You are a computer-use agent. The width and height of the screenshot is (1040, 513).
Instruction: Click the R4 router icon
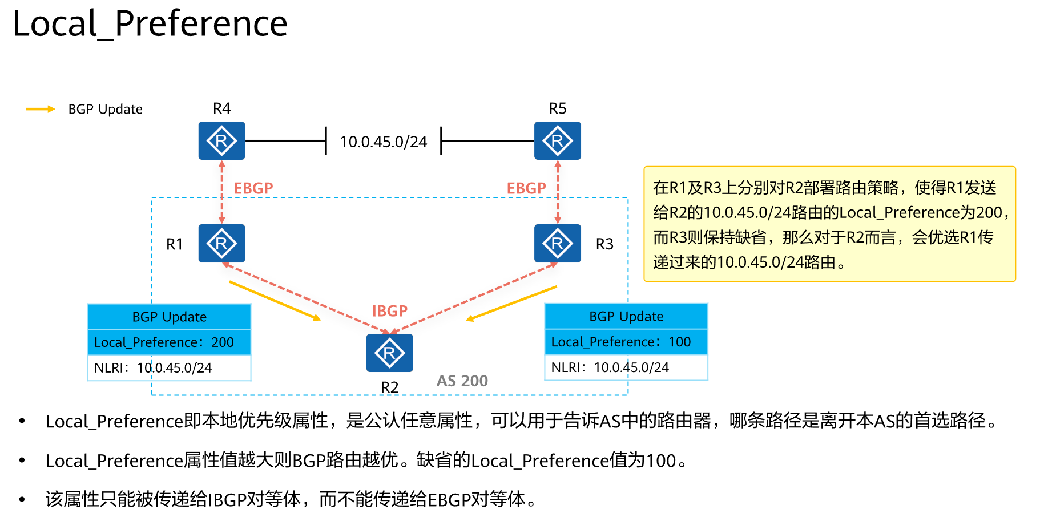[221, 140]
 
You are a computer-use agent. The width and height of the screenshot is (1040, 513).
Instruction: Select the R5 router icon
[557, 140]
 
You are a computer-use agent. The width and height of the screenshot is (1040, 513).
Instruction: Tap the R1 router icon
[221, 243]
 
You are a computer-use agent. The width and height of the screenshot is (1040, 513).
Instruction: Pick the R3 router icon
[557, 243]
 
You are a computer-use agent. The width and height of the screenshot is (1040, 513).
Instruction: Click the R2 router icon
[389, 353]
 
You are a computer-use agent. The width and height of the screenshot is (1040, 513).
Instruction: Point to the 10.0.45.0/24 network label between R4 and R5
[383, 142]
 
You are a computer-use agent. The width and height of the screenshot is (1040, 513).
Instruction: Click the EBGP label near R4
[253, 188]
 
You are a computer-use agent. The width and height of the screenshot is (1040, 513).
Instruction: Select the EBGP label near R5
[526, 188]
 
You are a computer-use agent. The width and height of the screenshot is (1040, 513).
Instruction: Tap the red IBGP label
[390, 311]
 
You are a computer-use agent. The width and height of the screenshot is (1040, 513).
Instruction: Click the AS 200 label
[462, 381]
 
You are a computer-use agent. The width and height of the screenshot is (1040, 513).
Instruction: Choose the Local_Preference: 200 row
[169, 342]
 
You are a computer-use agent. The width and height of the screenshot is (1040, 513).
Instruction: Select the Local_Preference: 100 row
[626, 342]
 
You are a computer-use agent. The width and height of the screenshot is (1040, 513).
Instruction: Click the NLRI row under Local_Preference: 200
[169, 368]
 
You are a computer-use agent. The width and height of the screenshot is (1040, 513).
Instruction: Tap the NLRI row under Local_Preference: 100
[626, 367]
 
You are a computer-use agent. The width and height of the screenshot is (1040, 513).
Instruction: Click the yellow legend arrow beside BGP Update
[40, 109]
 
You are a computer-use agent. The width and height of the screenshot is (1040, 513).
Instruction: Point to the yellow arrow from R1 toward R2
[275, 300]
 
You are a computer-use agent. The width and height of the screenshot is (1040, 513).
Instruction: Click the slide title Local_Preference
[150, 24]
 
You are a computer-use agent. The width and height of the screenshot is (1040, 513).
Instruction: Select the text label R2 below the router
[389, 387]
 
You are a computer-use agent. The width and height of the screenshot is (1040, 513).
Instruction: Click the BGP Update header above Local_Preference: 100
[626, 316]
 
